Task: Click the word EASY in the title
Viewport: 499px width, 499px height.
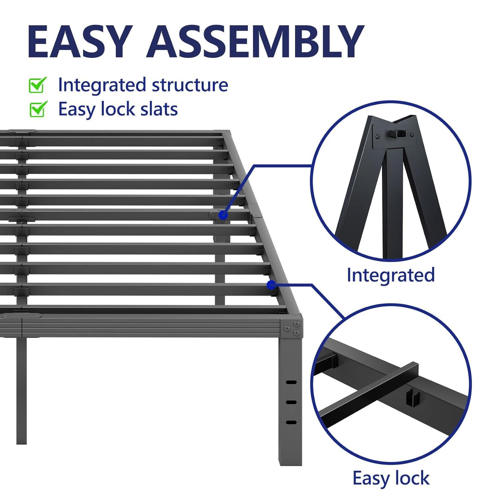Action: tap(78, 42)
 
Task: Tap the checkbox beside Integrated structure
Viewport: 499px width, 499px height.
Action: tap(38, 85)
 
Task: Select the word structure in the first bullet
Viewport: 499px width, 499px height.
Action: tap(190, 85)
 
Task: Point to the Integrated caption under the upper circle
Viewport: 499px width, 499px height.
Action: tap(391, 275)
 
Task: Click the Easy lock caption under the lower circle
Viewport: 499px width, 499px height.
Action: tap(391, 478)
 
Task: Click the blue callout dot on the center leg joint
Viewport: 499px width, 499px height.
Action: tap(223, 215)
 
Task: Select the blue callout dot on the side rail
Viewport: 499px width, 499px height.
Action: tap(271, 285)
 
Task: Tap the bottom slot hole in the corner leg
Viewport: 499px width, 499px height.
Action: tap(291, 422)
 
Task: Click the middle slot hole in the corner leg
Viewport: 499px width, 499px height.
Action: tap(291, 403)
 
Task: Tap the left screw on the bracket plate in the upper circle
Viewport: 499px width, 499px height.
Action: tap(378, 136)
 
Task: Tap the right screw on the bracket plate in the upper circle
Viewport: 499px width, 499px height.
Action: tap(412, 134)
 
